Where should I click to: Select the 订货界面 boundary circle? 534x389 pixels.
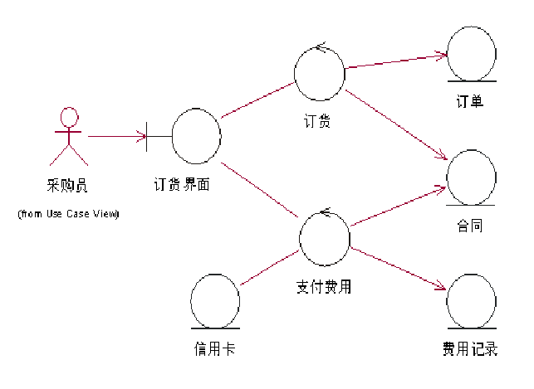tap(196, 134)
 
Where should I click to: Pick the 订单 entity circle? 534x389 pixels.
tap(471, 54)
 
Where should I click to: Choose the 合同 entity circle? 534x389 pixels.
tap(471, 177)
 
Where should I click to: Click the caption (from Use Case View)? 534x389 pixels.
tap(68, 214)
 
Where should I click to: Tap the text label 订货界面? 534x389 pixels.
tap(181, 185)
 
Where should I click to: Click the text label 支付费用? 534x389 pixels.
tap(324, 287)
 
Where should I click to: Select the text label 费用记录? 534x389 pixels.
tap(470, 349)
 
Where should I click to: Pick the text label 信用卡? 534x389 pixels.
tap(213, 349)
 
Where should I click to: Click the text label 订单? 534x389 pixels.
tap(470, 103)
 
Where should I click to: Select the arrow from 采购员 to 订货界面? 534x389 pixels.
tap(116, 135)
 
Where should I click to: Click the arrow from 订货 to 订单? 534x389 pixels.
tap(395, 61)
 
